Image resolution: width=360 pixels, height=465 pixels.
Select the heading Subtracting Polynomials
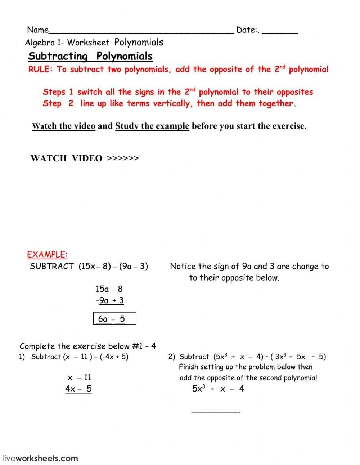pyautogui.click(x=90, y=56)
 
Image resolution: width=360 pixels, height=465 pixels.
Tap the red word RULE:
pyautogui.click(x=40, y=69)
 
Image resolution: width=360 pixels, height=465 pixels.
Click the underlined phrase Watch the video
pyautogui.click(x=64, y=126)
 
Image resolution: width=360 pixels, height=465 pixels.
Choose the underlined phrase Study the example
pyautogui.click(x=152, y=126)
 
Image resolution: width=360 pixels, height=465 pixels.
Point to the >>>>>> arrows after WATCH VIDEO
pyautogui.click(x=123, y=158)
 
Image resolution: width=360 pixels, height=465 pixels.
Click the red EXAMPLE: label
pyautogui.click(x=47, y=255)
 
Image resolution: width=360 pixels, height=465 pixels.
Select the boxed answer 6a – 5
pyautogui.click(x=114, y=319)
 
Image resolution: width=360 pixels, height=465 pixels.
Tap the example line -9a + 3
pyautogui.click(x=110, y=300)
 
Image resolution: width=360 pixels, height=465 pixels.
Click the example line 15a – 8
pyautogui.click(x=109, y=289)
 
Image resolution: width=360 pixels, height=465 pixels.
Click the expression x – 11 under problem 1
pyautogui.click(x=80, y=377)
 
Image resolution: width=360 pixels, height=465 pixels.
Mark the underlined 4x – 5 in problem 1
pyautogui.click(x=78, y=389)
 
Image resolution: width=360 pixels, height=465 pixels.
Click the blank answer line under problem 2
pyautogui.click(x=215, y=411)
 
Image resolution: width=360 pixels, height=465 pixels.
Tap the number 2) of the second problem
pyautogui.click(x=171, y=357)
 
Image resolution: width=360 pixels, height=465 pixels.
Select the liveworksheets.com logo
pyautogui.click(x=40, y=459)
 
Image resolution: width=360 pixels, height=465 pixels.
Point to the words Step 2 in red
pyautogui.click(x=58, y=104)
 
